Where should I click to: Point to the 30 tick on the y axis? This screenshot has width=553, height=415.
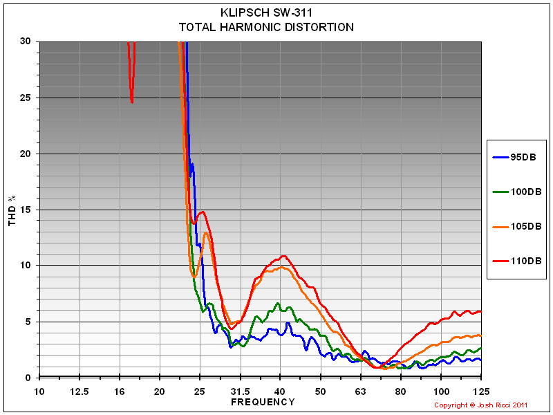click(26, 41)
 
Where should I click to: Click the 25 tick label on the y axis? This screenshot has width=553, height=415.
click(26, 98)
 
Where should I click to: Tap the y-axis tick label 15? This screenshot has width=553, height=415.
click(26, 210)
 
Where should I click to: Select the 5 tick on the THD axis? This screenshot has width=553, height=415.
click(28, 322)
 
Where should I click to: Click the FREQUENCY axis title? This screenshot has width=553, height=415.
click(263, 402)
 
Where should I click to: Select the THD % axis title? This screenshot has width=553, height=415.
click(12, 210)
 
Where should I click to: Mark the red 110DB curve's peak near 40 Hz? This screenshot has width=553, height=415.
click(283, 256)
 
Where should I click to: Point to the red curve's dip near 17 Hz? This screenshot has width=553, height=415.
click(131, 101)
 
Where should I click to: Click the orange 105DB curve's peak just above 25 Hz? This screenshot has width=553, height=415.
click(206, 233)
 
